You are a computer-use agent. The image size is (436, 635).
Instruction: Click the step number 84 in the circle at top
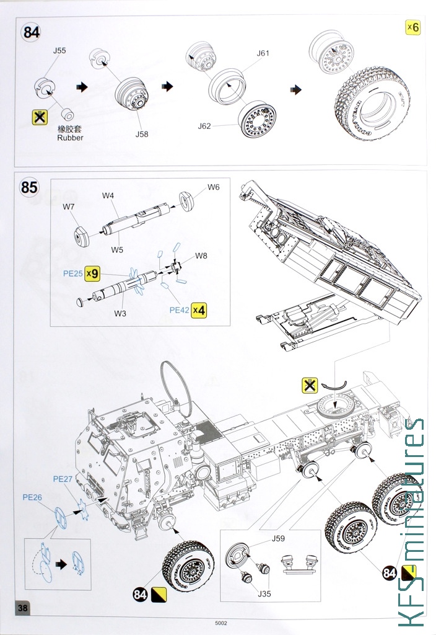click(31, 32)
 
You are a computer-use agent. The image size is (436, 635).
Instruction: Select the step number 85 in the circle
click(29, 186)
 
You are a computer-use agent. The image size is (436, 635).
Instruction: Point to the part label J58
click(142, 133)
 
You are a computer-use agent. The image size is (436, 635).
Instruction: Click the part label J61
click(263, 53)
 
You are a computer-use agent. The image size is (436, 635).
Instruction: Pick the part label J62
click(204, 126)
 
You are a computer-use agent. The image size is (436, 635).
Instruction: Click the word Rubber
click(70, 138)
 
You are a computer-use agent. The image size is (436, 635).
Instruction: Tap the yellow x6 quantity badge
click(412, 27)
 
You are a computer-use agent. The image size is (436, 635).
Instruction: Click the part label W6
click(214, 187)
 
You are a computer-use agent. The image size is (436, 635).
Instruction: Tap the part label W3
click(120, 313)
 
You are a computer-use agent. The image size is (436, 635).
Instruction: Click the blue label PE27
click(63, 478)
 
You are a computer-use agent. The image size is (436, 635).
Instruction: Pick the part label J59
click(279, 538)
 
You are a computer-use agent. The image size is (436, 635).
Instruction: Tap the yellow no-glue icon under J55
click(40, 117)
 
